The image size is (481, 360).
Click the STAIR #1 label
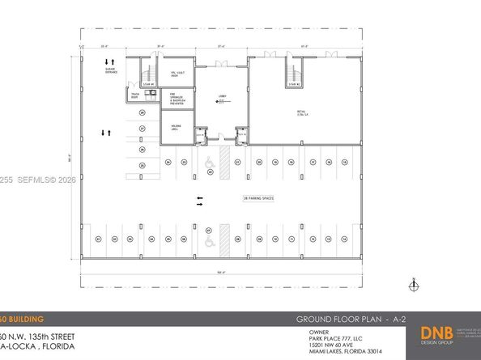coord(147,83)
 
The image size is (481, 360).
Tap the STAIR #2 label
coord(286,84)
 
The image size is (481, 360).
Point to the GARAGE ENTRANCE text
coord(111,72)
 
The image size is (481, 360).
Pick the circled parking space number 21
coord(238,163)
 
